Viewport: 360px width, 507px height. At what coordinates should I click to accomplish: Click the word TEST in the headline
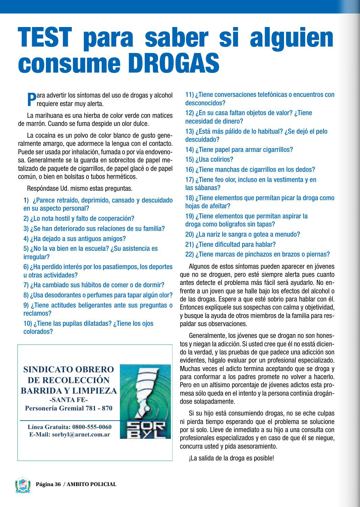pos(45,37)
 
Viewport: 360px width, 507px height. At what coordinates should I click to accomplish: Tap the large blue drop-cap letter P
pos(31,99)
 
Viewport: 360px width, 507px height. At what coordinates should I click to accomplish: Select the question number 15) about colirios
pos(189,159)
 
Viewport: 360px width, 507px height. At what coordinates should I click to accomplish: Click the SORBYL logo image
pos(145,401)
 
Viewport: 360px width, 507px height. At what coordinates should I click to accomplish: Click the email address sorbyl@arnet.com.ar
pos(81,434)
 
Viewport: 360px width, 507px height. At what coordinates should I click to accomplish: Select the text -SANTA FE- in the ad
pos(69,400)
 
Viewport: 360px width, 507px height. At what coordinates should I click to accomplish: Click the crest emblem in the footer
pos(23,485)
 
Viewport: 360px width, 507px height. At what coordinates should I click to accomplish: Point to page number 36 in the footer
pos(57,484)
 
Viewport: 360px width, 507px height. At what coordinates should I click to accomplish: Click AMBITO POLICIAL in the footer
pos(92,484)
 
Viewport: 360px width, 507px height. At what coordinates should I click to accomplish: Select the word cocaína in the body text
pos(46,136)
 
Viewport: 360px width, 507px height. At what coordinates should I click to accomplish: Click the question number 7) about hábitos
pos(26,285)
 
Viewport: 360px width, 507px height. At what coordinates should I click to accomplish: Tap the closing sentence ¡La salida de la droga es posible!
pos(231,458)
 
